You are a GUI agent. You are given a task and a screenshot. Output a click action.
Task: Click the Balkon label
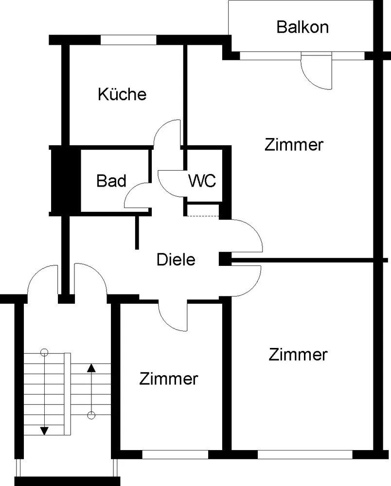pos(302,27)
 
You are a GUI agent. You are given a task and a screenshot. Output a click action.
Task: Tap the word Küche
pos(122,94)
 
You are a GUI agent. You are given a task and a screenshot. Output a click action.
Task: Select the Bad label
pos(111,181)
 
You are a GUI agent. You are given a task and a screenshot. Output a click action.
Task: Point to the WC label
pos(202,180)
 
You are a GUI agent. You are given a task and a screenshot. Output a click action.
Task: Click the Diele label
pos(176,260)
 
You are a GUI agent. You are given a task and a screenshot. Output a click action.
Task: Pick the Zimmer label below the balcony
pos(294,145)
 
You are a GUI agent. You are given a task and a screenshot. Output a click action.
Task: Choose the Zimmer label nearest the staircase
pos(168,379)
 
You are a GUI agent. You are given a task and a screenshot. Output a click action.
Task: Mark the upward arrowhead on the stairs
pos(91,368)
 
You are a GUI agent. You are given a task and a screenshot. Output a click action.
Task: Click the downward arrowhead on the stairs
pos(45,431)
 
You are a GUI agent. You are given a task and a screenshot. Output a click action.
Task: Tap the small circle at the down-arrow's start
pos(45,352)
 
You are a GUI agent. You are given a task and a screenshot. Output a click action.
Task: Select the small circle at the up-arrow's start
pos(91,416)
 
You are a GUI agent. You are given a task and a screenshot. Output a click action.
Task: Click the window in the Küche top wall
pos(128,40)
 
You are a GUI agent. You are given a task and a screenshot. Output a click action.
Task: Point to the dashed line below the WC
pos(203,216)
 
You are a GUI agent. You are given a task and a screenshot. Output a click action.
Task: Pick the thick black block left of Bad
pos(66,180)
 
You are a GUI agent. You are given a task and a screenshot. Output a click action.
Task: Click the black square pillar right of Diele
pos(225,259)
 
